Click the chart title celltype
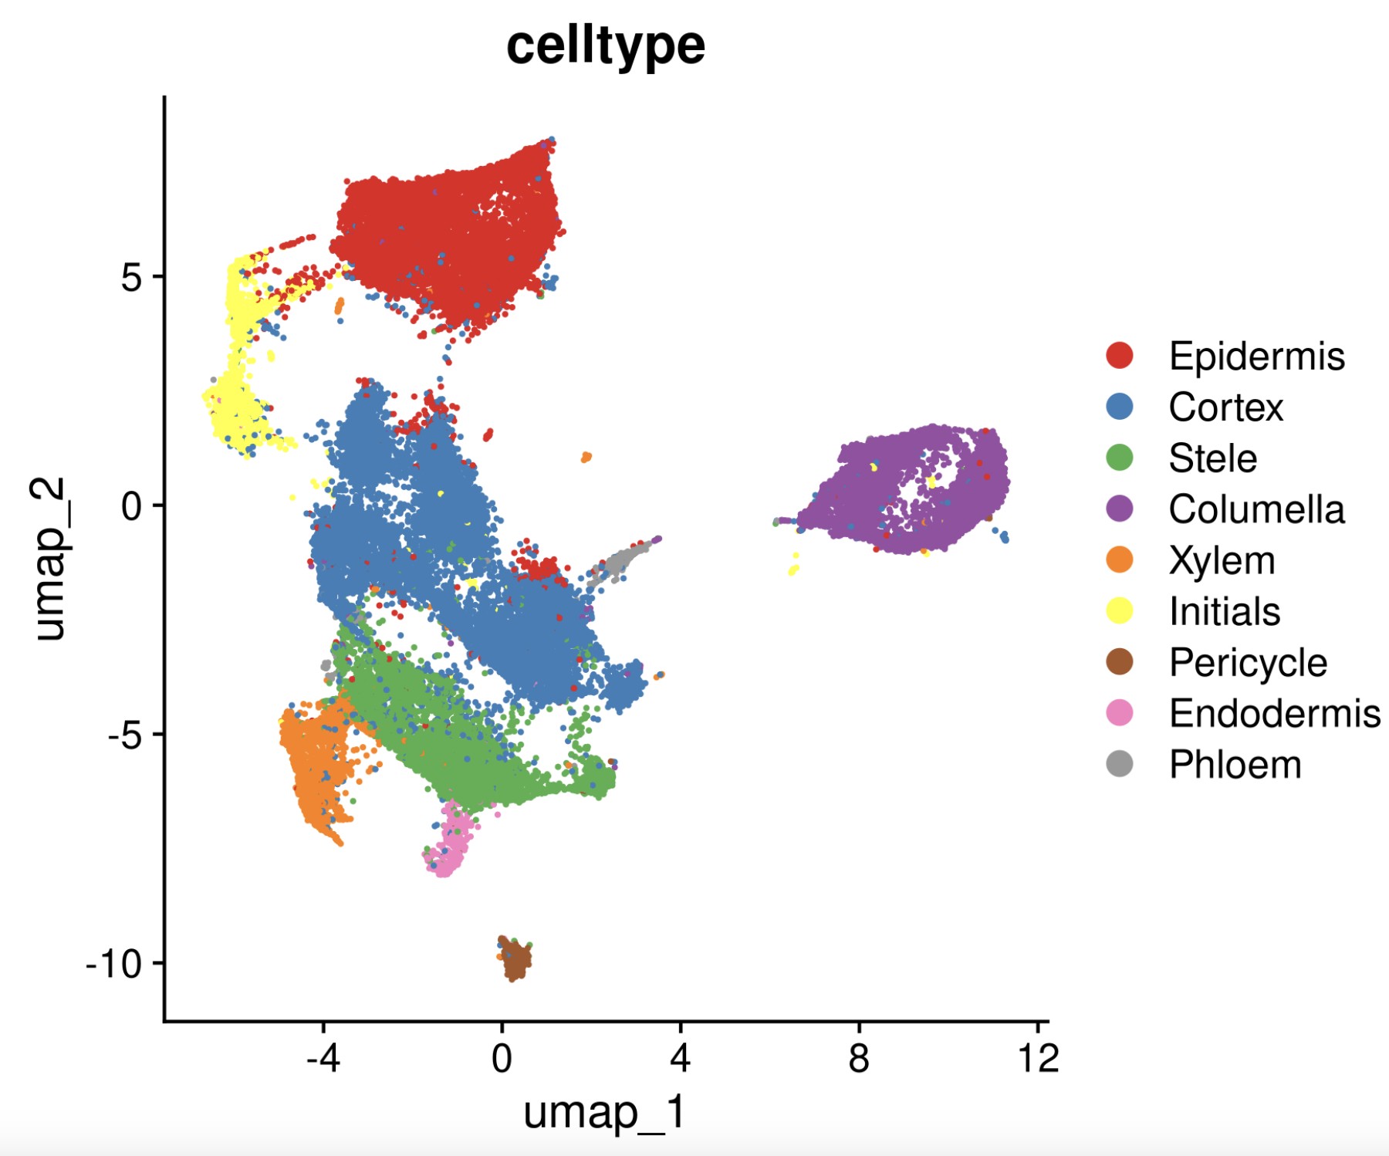(x=606, y=46)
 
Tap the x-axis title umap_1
(x=604, y=1113)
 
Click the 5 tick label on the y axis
(x=132, y=277)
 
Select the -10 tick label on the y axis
(x=115, y=963)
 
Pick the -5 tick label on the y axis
(x=123, y=735)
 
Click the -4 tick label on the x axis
(x=323, y=1058)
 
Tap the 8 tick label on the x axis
(x=859, y=1058)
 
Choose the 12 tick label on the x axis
(x=1038, y=1058)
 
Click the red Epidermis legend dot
(x=1120, y=356)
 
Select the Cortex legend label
(x=1225, y=407)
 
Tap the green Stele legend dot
(x=1120, y=458)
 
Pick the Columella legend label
(x=1256, y=509)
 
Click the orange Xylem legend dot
(x=1120, y=560)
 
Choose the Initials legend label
(x=1225, y=611)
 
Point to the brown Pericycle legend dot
(x=1120, y=662)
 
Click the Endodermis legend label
(x=1274, y=713)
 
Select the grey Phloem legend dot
(x=1120, y=764)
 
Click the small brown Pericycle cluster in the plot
(x=515, y=959)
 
